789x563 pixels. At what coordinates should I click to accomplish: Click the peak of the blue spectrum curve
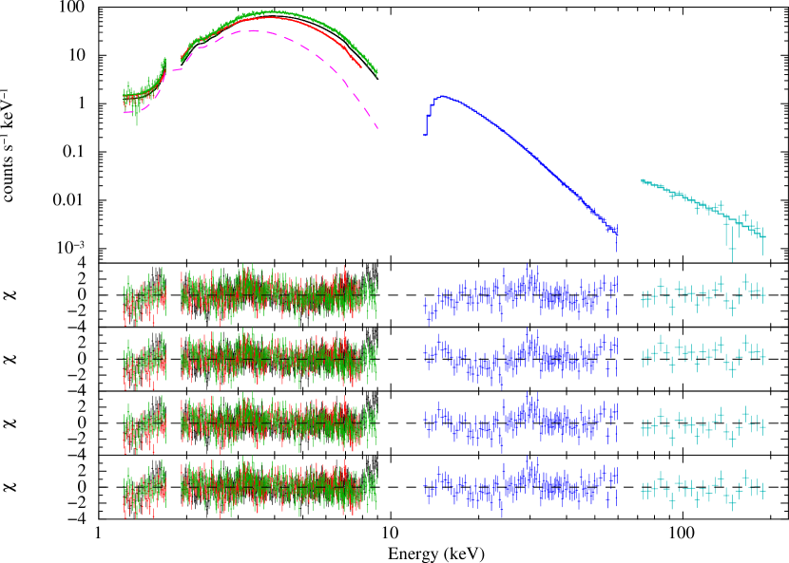[x=442, y=96]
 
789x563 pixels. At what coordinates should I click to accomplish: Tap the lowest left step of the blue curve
[x=425, y=134]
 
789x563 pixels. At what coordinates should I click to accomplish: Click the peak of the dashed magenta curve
[x=253, y=30]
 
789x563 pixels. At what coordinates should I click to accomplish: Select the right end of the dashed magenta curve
[x=377, y=127]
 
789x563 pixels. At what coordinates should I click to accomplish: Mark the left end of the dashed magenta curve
[x=125, y=112]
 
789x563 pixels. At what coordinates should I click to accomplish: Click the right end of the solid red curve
[x=360, y=67]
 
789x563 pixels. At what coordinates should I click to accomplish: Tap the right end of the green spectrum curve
[x=376, y=73]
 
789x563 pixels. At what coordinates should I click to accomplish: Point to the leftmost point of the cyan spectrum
[x=643, y=180]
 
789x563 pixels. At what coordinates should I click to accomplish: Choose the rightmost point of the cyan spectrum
[x=762, y=236]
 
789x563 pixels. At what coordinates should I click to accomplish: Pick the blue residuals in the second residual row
[x=521, y=359]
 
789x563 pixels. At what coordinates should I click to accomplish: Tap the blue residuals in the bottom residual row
[x=521, y=486]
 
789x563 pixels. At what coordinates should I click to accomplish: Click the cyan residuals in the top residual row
[x=702, y=294]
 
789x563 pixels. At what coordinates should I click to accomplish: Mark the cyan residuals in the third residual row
[x=702, y=425]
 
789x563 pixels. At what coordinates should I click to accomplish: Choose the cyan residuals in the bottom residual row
[x=702, y=488]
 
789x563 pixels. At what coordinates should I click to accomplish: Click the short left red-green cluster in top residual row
[x=144, y=296]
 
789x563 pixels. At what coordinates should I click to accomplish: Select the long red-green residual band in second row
[x=279, y=359]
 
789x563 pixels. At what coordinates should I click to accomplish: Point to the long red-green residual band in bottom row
[x=279, y=487]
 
